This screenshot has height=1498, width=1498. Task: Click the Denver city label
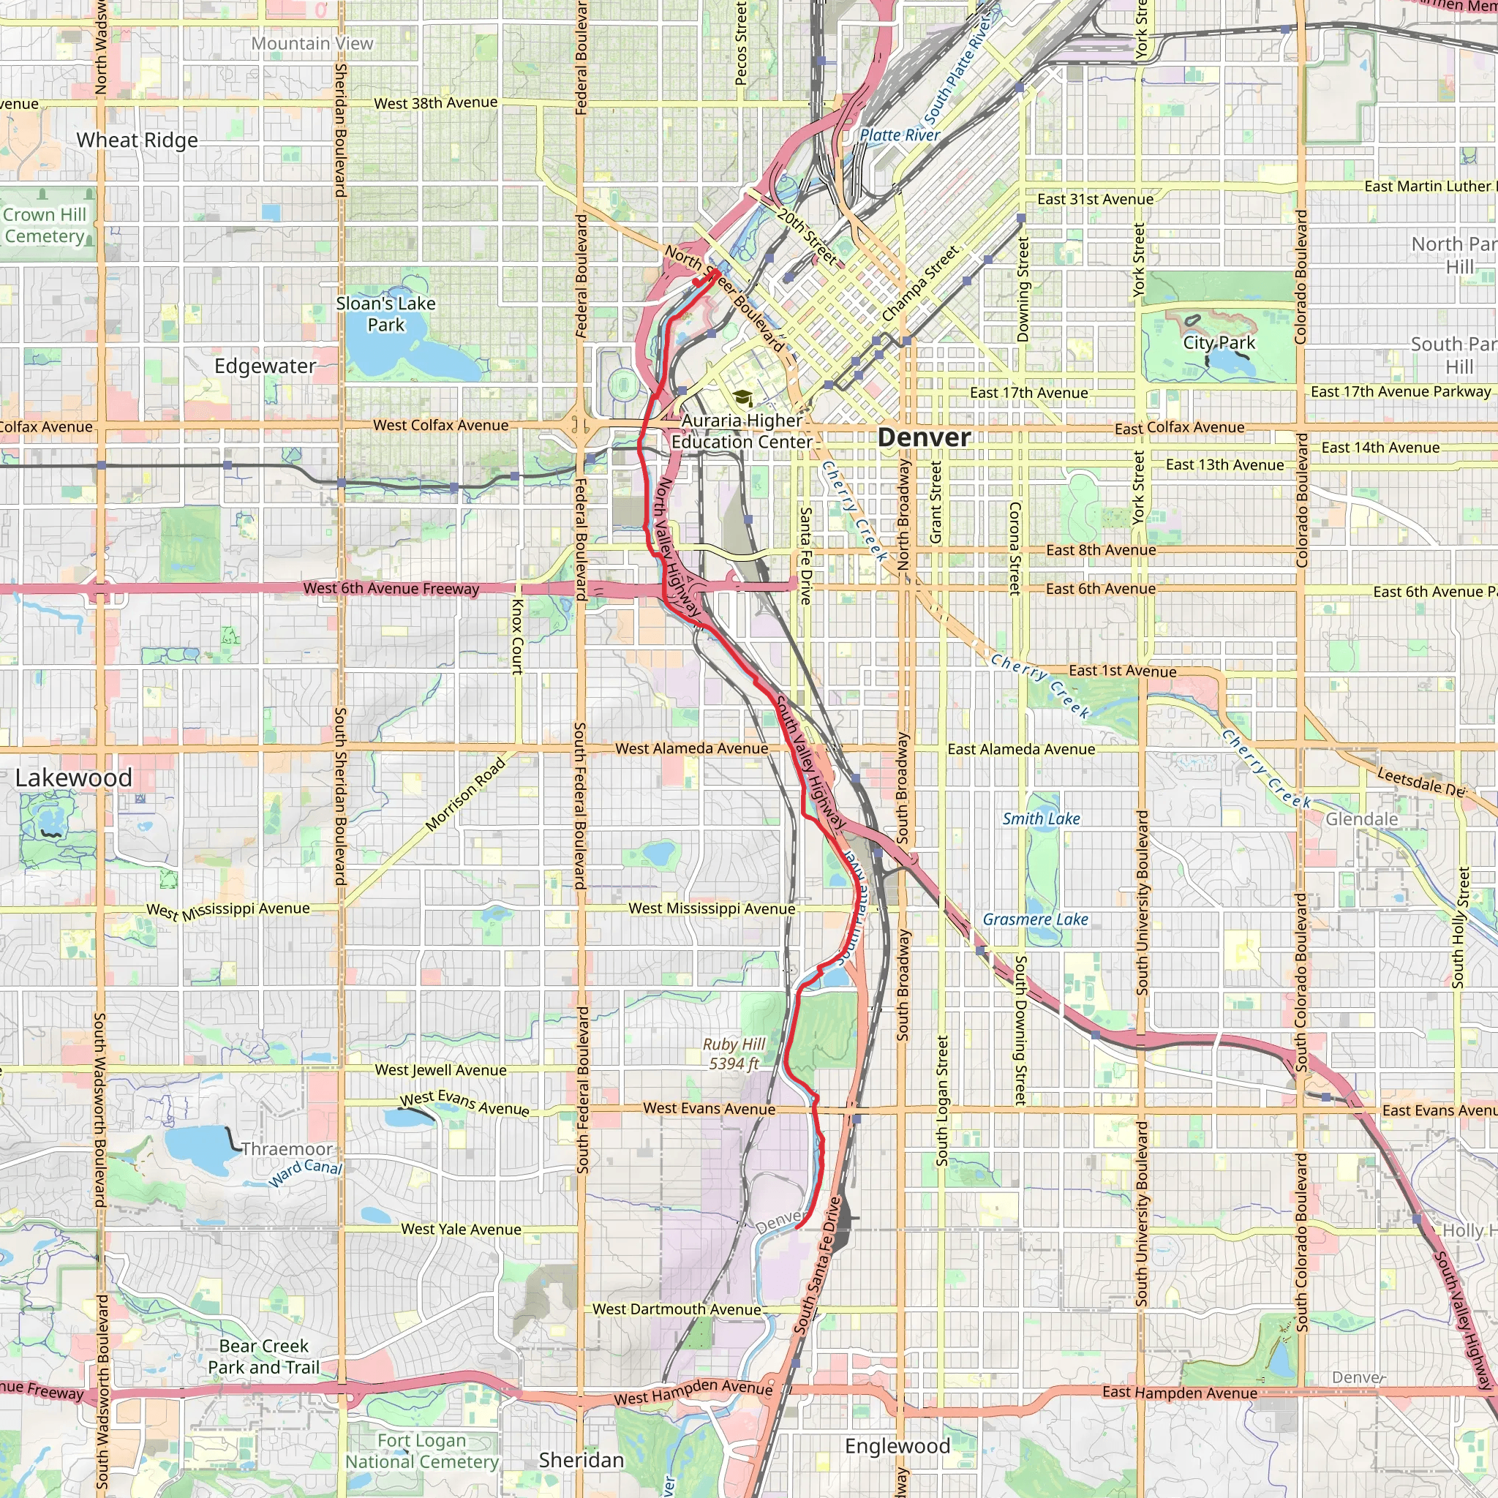[x=924, y=438]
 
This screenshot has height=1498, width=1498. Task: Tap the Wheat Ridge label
[x=138, y=140]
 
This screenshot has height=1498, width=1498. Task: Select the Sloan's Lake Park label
[x=385, y=314]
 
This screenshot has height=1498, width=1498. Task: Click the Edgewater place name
[x=266, y=366]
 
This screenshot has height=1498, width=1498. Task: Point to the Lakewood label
[x=74, y=778]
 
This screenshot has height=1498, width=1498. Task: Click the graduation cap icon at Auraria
[x=743, y=399]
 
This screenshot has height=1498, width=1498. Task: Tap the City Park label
[x=1218, y=343]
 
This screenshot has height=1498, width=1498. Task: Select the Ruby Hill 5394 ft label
[x=734, y=1054]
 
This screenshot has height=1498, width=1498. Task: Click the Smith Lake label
[x=1041, y=818]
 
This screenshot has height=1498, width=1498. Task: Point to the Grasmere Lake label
[x=1035, y=919]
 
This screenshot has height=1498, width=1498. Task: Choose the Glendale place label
[x=1361, y=819]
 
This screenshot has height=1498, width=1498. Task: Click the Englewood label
[x=897, y=1446]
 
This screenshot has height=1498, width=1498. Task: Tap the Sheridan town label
[x=581, y=1460]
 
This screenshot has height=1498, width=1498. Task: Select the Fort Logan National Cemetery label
[x=422, y=1450]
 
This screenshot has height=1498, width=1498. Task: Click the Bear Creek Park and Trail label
[x=263, y=1356]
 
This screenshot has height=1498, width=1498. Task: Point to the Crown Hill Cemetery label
[x=45, y=225]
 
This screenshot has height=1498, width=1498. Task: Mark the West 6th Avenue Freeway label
[x=391, y=589]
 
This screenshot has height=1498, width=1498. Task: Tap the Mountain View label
[x=312, y=44]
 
